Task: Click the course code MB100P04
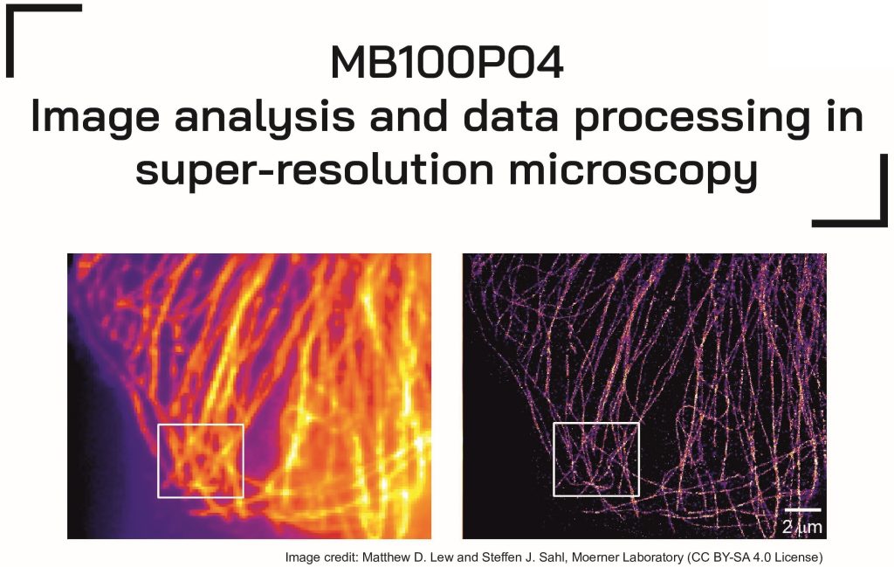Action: (447, 62)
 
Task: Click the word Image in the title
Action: (95, 119)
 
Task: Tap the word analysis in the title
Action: (265, 119)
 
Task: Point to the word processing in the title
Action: (691, 119)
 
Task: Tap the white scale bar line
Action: (802, 509)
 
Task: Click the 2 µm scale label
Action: (802, 527)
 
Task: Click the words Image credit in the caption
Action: (321, 557)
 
